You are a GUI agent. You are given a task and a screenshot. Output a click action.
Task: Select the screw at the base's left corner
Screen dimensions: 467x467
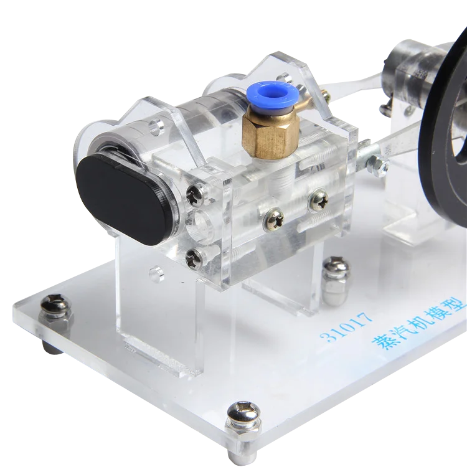[x=54, y=306]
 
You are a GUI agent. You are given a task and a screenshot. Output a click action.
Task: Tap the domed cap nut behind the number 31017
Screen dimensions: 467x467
[x=337, y=274]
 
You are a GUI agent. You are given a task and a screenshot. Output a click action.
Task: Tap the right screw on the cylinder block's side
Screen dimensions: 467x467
[x=321, y=201]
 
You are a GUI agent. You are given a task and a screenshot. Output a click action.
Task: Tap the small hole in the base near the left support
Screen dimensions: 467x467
[x=156, y=271]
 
